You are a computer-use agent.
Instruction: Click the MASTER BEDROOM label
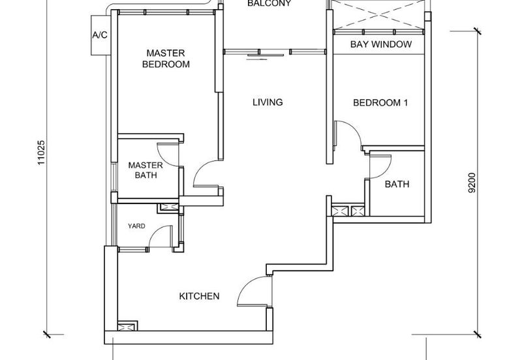(x=166, y=59)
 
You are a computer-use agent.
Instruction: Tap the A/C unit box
(x=100, y=35)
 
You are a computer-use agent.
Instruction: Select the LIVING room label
(x=268, y=102)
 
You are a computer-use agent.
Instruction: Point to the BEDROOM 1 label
(x=380, y=102)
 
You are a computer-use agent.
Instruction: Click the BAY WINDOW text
(x=381, y=44)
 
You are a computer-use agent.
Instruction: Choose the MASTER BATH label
(x=146, y=170)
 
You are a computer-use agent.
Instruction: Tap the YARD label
(x=136, y=226)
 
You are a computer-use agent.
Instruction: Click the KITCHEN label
(x=199, y=296)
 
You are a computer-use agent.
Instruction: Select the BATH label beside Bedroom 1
(x=397, y=184)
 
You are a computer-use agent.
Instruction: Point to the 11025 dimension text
(x=40, y=153)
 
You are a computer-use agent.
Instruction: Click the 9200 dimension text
(x=472, y=183)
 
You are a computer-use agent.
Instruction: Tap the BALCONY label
(x=269, y=3)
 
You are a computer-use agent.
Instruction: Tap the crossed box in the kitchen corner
(x=127, y=326)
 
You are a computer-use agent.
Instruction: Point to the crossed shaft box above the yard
(x=170, y=207)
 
